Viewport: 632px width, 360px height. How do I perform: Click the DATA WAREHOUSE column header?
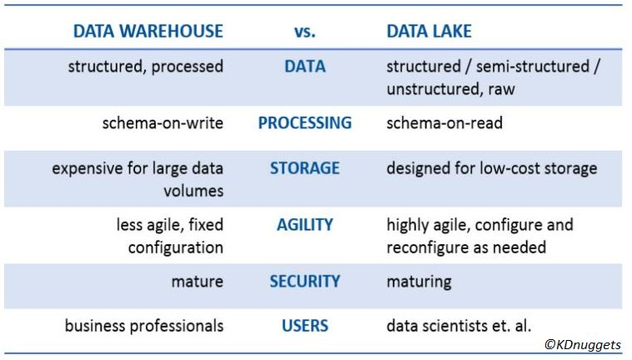coord(148,31)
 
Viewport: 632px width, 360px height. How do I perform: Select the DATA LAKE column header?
coord(429,31)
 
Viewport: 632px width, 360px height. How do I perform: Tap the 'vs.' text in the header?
coord(304,32)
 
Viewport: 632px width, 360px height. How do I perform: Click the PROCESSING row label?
coord(304,122)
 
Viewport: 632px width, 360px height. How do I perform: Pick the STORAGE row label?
coord(304,168)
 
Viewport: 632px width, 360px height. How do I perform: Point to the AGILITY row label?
coord(304,224)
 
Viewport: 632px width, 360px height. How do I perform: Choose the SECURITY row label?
coord(304,281)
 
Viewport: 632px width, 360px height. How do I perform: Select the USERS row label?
coord(304,325)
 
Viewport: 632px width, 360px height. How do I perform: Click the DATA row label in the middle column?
coord(304,67)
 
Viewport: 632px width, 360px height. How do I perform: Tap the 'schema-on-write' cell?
coord(163,122)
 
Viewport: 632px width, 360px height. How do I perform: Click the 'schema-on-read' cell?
coord(444,122)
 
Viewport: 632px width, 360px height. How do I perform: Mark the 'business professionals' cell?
coord(144,326)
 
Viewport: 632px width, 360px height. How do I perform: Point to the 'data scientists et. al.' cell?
coord(459,325)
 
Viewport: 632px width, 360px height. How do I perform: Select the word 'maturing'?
coord(419,282)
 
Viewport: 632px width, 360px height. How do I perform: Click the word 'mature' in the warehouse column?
coord(198,282)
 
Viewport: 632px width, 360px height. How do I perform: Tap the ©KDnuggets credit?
coord(583,345)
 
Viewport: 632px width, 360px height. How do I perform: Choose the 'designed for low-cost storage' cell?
coord(492,168)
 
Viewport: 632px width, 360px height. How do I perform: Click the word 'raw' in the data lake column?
coord(501,89)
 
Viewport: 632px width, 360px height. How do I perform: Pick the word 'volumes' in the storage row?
coord(193,191)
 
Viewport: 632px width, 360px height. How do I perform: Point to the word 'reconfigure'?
coord(428,247)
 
